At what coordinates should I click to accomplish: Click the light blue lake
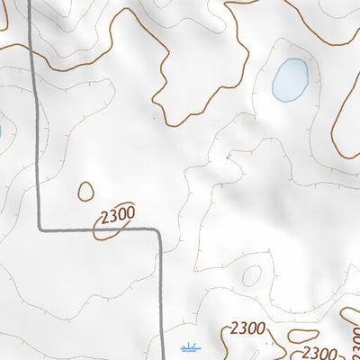[x=290, y=79]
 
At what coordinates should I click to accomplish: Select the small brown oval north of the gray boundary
[x=86, y=191]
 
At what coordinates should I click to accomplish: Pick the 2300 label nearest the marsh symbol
[x=247, y=328]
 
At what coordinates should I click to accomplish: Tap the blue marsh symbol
[x=190, y=346]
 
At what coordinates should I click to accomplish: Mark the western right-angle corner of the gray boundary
[x=40, y=227]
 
